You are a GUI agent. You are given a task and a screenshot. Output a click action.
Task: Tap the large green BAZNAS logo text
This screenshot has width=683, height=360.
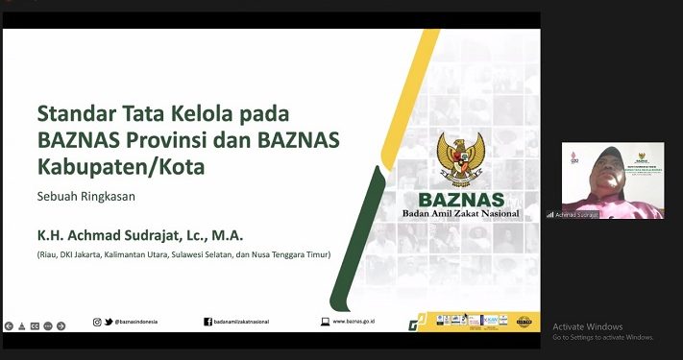point(460,199)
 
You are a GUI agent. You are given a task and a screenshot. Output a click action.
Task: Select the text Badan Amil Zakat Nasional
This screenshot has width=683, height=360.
point(460,213)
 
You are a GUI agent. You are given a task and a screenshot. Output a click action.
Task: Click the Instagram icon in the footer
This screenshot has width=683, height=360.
point(97,322)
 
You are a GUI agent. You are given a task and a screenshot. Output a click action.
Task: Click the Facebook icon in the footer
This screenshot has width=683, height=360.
point(207,322)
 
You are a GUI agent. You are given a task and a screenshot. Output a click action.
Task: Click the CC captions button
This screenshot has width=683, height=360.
point(35,325)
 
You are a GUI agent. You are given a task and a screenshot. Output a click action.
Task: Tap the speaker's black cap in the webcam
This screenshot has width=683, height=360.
point(611,154)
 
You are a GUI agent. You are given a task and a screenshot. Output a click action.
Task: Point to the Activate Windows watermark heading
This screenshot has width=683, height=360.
point(587,326)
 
